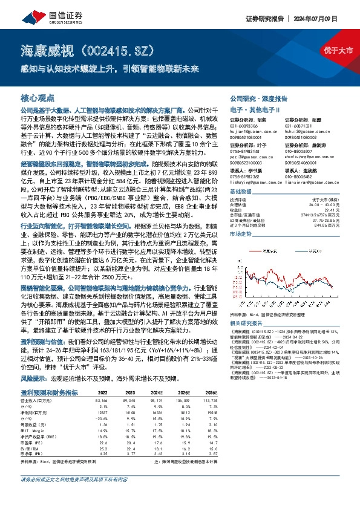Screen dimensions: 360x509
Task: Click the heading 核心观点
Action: coord(38,98)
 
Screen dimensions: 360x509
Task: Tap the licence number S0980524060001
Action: coord(301,163)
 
